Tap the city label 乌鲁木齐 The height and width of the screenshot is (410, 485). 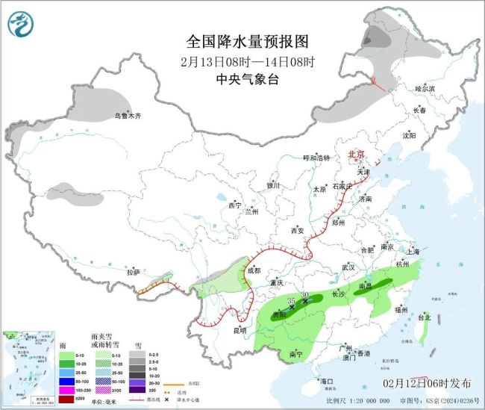(127, 116)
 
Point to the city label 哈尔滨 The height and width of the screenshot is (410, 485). (424, 88)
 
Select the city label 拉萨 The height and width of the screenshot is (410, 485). (133, 272)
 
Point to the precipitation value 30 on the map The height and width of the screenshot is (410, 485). (305, 295)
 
